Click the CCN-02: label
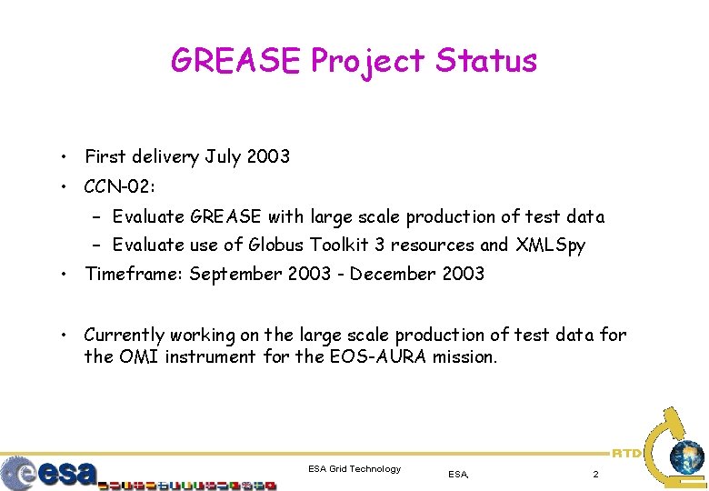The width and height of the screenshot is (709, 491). click(x=120, y=187)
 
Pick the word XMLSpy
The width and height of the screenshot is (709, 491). click(x=551, y=245)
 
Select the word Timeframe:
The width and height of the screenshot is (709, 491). click(x=134, y=274)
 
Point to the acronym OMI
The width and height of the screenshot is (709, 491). click(x=139, y=356)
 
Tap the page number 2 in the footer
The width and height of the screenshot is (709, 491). click(x=595, y=474)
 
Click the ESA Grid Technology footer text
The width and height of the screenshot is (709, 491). click(x=354, y=469)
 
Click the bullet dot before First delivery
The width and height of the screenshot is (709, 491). click(x=66, y=158)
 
